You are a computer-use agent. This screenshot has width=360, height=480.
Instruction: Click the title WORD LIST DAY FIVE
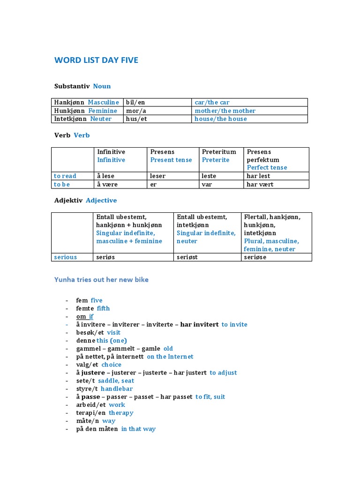96,60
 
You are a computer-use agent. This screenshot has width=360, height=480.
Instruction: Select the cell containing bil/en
157,102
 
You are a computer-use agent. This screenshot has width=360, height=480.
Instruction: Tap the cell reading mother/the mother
225,111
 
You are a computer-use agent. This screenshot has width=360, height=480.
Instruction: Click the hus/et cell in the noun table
157,119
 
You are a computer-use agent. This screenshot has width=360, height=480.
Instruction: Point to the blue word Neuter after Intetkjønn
101,119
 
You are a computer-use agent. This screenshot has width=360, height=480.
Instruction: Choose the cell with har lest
258,176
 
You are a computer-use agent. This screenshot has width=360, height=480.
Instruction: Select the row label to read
65,176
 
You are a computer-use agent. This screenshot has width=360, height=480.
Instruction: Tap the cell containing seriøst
187,257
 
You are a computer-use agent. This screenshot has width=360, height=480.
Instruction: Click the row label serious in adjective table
66,257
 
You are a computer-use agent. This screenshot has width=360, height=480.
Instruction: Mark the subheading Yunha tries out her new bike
101,280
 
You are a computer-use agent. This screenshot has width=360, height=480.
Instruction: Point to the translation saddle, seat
116,381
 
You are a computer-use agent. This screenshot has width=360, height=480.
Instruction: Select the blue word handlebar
117,389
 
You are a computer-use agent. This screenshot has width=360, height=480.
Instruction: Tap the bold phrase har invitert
199,324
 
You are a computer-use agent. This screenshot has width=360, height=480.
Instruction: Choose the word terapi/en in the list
91,412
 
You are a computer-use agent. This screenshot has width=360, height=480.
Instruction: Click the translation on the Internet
170,356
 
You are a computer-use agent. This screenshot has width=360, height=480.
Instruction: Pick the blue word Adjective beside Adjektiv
101,200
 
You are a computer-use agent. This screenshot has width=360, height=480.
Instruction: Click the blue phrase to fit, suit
210,397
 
